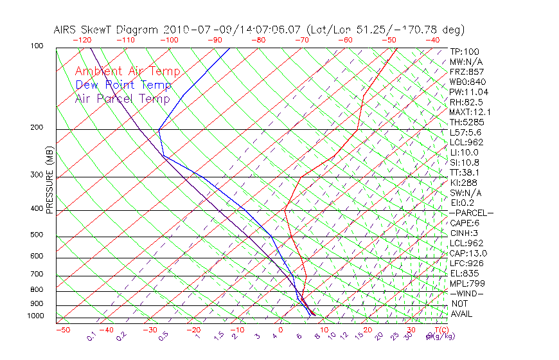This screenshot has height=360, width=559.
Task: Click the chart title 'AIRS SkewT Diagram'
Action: [107, 30]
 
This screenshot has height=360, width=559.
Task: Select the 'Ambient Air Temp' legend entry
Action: [127, 71]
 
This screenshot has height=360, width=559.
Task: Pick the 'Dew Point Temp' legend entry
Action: [123, 85]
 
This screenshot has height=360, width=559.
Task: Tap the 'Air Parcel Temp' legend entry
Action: [123, 98]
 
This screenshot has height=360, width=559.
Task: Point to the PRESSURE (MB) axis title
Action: [49, 181]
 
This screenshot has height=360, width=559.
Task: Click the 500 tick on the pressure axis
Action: [36, 235]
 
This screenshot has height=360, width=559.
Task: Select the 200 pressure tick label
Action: [36, 128]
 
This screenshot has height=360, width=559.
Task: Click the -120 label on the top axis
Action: [82, 40]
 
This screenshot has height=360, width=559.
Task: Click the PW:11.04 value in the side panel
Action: [465, 92]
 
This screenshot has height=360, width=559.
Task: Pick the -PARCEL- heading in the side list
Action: [471, 212]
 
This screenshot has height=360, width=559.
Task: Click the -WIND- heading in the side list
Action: [466, 293]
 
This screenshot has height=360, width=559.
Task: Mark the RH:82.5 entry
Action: [463, 102]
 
